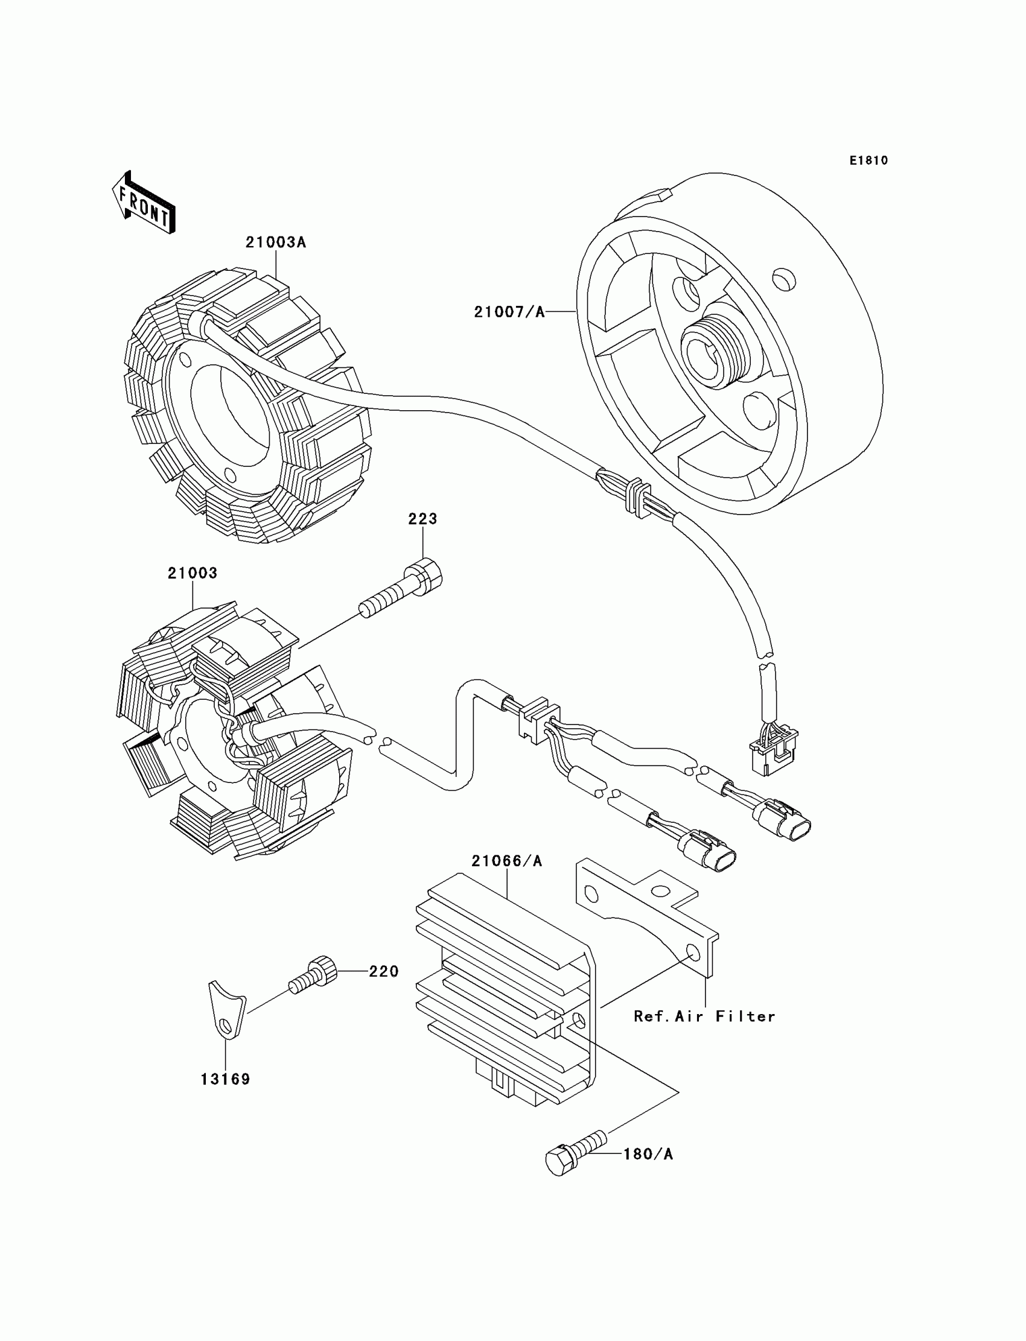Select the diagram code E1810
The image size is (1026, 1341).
[x=868, y=160]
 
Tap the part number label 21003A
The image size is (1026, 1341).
[x=275, y=243]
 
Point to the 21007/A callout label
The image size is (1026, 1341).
[x=509, y=312]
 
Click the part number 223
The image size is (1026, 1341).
[x=422, y=519]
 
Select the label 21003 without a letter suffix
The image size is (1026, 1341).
[x=193, y=573]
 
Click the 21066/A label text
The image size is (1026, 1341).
[x=506, y=861]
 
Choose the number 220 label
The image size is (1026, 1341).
[x=383, y=972]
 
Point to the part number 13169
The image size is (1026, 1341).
[x=225, y=1080]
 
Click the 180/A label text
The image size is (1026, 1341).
[x=648, y=1154]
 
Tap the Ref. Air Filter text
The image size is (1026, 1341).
[x=704, y=1017]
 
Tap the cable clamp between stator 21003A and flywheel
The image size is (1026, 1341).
[x=639, y=499]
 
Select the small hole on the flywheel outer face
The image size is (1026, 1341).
[x=783, y=279]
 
